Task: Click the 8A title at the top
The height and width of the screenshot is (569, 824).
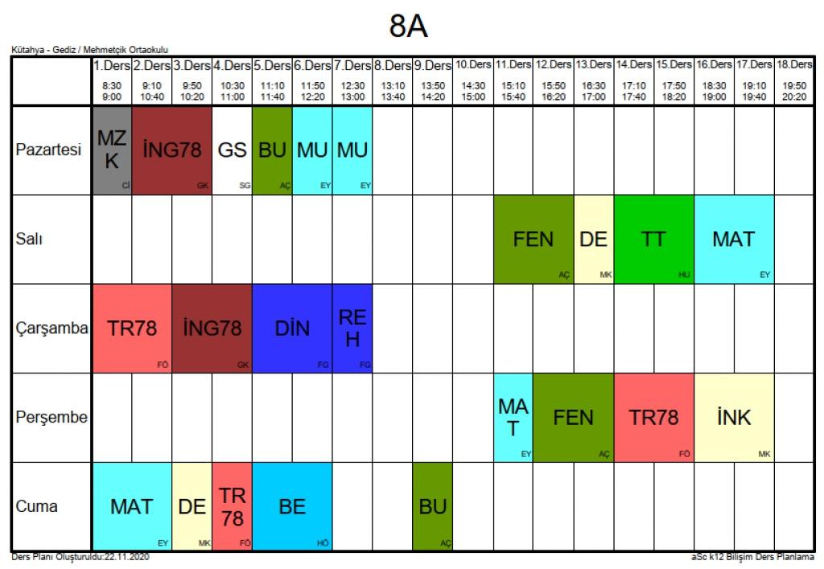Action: tap(409, 27)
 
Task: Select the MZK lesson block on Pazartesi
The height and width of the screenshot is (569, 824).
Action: tap(112, 150)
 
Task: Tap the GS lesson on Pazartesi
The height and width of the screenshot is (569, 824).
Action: tap(232, 150)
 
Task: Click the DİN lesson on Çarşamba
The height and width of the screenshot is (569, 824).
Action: tap(292, 328)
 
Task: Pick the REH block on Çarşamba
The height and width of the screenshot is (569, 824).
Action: tap(352, 328)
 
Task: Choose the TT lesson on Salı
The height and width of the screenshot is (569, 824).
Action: tap(653, 239)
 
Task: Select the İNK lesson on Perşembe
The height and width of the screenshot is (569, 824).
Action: tap(733, 418)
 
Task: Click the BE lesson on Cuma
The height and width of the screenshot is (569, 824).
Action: tap(292, 507)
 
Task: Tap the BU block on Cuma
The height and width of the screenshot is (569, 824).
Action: tap(432, 507)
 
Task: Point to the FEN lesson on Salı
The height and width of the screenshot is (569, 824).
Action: tap(533, 239)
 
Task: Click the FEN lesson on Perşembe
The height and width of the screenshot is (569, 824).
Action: tap(573, 418)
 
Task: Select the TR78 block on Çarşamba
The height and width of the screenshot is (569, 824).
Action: tap(132, 328)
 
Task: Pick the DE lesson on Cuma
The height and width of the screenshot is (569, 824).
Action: tap(192, 507)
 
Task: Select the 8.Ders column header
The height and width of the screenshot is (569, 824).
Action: tap(392, 64)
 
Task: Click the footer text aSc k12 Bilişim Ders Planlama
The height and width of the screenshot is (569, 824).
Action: tap(752, 557)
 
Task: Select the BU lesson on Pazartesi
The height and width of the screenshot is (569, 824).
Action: tap(272, 150)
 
